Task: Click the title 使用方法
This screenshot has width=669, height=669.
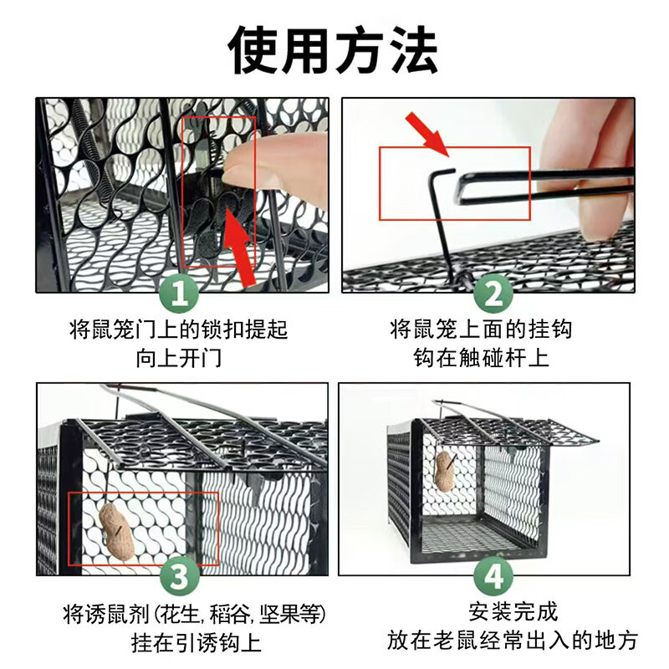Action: (334, 49)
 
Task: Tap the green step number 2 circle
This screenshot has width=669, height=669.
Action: (493, 294)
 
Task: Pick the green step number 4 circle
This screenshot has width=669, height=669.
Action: (493, 576)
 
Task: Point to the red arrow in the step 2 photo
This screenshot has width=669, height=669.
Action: (429, 135)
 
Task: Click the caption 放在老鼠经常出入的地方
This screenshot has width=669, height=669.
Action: (513, 641)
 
